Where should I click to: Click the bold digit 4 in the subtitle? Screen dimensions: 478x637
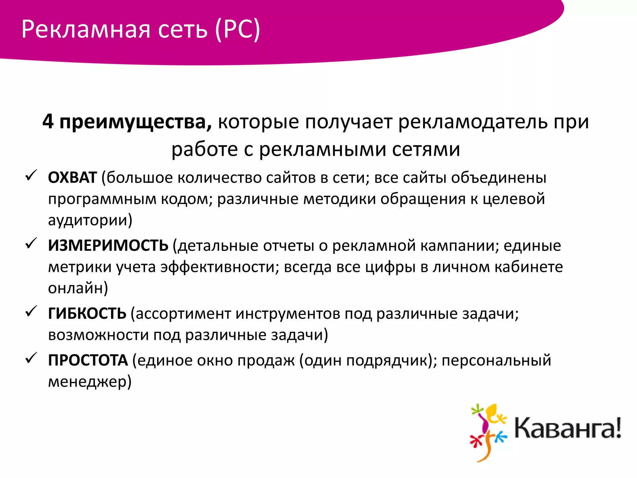point(48,121)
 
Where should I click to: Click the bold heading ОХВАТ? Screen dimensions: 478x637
point(72,178)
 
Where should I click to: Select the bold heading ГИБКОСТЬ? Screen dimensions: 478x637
point(87,314)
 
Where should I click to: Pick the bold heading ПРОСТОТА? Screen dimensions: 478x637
point(88,360)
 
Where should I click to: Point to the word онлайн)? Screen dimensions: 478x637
point(78,288)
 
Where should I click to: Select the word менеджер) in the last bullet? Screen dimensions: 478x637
point(90,382)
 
